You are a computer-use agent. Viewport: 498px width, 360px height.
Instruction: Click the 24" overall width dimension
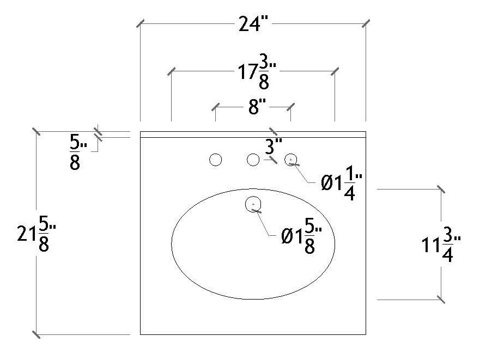[x=252, y=25]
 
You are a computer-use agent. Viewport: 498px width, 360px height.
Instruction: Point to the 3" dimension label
[x=274, y=146]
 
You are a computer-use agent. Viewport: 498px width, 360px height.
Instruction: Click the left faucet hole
[x=216, y=160]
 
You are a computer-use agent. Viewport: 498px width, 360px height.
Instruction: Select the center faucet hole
[x=253, y=160]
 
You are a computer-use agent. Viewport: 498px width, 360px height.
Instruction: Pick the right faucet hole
[x=291, y=160]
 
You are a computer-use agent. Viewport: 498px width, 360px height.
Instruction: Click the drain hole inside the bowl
[x=254, y=204]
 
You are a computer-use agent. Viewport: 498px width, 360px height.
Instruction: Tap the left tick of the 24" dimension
[x=141, y=24]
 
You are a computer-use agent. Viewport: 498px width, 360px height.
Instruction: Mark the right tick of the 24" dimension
[x=365, y=24]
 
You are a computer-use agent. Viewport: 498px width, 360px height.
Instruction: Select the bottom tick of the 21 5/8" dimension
[x=36, y=334]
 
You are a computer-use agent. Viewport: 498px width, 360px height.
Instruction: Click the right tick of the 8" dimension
[x=290, y=106]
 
